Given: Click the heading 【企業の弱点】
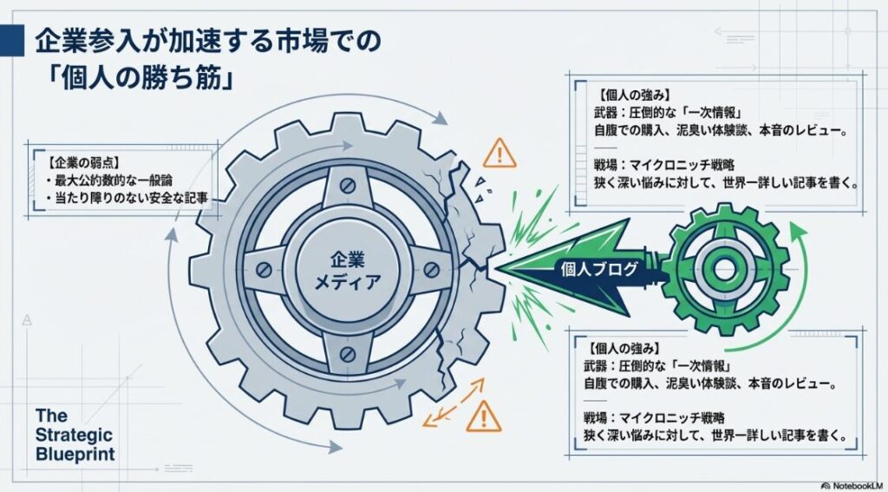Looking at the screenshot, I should click(x=74, y=163).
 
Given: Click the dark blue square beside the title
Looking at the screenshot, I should click(x=11, y=39).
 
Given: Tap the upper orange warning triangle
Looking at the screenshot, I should click(x=499, y=154).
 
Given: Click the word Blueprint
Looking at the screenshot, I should click(x=75, y=454).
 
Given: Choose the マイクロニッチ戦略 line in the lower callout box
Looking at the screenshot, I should click(x=660, y=417).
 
